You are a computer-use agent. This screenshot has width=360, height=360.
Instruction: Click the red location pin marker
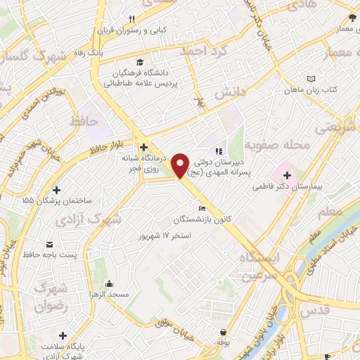181,165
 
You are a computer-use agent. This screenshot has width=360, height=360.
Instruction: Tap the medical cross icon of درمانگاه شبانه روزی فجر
143,148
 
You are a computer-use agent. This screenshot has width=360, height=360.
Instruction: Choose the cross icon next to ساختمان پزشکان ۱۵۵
56,190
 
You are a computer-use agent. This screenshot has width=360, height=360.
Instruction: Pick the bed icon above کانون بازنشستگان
202,208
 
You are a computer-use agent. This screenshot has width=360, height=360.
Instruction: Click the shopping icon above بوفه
223,331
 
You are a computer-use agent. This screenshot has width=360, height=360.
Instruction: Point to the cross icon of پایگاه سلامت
63,335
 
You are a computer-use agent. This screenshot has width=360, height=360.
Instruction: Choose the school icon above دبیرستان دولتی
219,150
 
